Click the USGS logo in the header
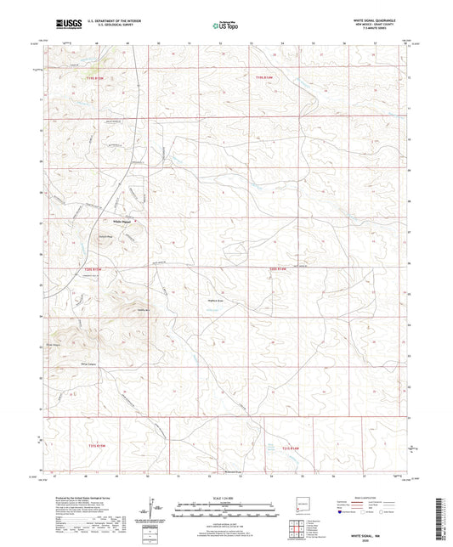coord(65,25)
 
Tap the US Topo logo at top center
coord(224,25)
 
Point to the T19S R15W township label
coord(99,79)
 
